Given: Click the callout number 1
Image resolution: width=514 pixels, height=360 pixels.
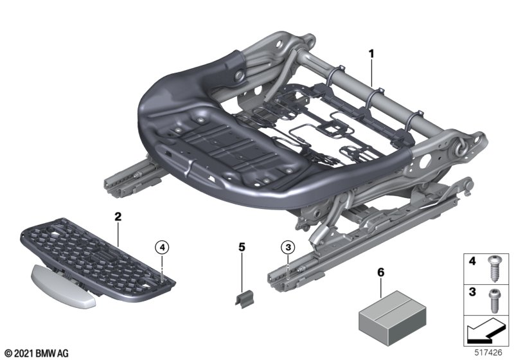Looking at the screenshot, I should (371, 53).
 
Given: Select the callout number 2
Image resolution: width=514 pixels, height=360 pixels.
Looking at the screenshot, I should (118, 217).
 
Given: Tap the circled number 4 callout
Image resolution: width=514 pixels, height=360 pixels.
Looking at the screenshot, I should (163, 246).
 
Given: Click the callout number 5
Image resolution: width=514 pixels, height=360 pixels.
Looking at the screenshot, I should (242, 246).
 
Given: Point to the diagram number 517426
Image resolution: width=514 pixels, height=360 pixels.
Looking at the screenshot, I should (490, 353).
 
